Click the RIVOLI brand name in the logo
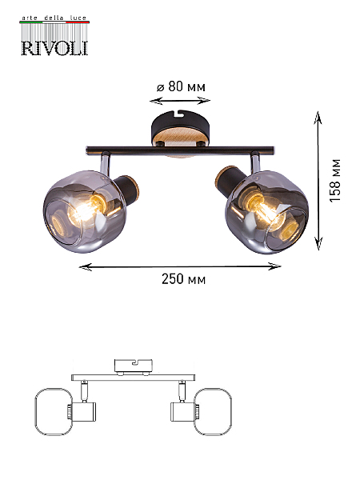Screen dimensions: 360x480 coord(54,48)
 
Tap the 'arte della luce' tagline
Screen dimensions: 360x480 coord(54,18)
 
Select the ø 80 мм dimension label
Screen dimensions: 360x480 coord(181,86)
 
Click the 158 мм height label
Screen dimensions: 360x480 coord(335,180)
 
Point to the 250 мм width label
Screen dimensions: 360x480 coord(184,279)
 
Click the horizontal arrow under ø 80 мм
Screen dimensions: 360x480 coord(180,101)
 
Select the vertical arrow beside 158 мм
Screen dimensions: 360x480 coord(318,181)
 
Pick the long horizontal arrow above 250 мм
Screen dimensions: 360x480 coord(180,266)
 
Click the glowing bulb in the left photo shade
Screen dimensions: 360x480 coord(85,210)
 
